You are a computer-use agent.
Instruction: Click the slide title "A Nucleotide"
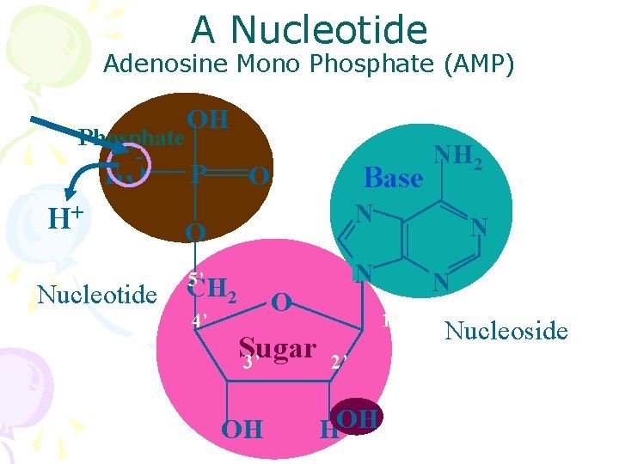pyautogui.click(x=309, y=31)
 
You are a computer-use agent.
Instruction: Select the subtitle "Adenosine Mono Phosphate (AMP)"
pyautogui.click(x=309, y=64)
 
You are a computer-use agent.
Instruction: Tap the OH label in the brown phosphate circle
pyautogui.click(x=207, y=119)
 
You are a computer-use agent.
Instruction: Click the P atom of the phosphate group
pyautogui.click(x=199, y=175)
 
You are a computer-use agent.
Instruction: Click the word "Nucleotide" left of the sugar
pyautogui.click(x=97, y=295)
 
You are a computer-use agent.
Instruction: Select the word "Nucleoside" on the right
pyautogui.click(x=506, y=331)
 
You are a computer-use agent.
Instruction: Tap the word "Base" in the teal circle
pyautogui.click(x=394, y=178)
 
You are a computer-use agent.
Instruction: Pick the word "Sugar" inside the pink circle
pyautogui.click(x=277, y=348)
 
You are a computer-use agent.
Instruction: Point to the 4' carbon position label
pyautogui.click(x=199, y=321)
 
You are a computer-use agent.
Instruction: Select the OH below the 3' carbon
pyautogui.click(x=242, y=428)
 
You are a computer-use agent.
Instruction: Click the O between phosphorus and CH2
pyautogui.click(x=196, y=232)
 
